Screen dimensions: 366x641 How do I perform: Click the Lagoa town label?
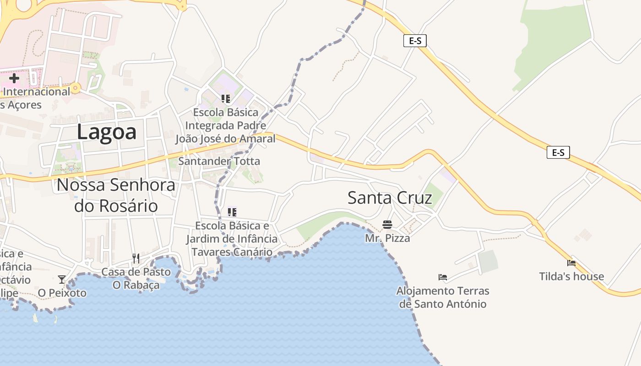tap(107, 132)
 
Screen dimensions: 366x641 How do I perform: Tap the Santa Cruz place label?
tap(390, 198)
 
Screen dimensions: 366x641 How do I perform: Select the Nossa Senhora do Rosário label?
tap(116, 195)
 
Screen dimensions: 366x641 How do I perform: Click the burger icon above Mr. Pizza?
tap(387, 225)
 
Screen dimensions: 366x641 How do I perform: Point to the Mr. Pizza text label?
tap(387, 238)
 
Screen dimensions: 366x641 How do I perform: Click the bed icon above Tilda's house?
tap(571, 263)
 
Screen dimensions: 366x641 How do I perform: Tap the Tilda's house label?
tap(571, 276)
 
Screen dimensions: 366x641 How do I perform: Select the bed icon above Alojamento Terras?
tap(442, 277)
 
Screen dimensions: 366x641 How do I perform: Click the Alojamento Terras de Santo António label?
tap(443, 297)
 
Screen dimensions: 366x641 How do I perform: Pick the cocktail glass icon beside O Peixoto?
tap(61, 279)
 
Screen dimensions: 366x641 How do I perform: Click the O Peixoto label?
tap(62, 293)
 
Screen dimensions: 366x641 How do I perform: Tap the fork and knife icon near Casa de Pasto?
tap(136, 258)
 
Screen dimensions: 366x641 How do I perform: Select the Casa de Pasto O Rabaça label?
tap(136, 278)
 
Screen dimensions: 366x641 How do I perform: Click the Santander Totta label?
tap(219, 161)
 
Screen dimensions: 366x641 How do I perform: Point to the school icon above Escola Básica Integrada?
tap(225, 98)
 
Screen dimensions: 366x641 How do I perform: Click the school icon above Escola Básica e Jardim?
tap(232, 212)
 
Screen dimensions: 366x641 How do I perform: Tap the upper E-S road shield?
tap(415, 41)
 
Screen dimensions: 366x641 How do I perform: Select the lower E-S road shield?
tap(558, 152)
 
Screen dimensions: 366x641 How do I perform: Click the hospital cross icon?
tap(14, 78)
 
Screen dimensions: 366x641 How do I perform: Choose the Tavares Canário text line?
tap(232, 252)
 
